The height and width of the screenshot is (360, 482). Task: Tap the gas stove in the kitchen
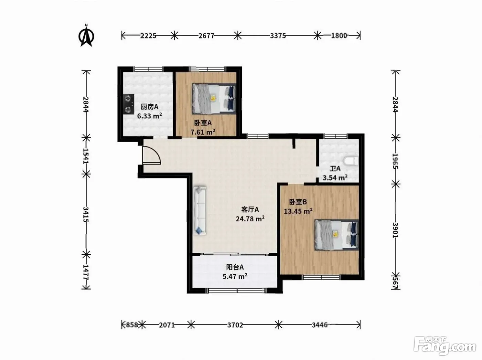coord(128,104)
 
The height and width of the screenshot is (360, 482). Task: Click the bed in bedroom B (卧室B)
coord(336,235)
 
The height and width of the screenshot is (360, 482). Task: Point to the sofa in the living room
coord(200,211)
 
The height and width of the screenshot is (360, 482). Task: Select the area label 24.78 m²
coord(250,219)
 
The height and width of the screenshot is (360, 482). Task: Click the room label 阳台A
coord(235,267)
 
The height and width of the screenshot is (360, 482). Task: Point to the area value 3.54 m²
coord(335,177)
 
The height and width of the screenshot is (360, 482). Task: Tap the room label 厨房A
coord(149,107)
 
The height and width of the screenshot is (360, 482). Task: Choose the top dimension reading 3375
coord(278,35)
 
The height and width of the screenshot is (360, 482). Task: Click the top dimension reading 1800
coord(339,35)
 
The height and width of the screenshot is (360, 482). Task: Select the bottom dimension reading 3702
coord(235,325)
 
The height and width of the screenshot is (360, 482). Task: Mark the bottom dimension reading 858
coord(132,325)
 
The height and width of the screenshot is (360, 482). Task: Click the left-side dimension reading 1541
coord(86,156)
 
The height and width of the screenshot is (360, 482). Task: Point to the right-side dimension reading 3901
coord(396,230)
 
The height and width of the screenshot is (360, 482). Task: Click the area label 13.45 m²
coord(298,211)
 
